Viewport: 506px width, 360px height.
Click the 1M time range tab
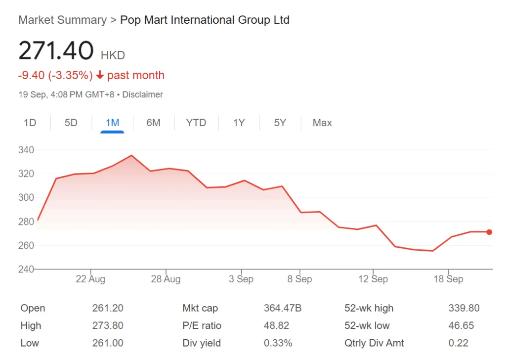coord(112,123)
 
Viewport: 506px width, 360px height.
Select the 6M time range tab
coord(153,123)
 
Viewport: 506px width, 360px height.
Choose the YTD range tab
coord(196,123)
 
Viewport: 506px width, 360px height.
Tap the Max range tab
coord(322,123)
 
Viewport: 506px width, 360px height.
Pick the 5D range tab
coord(71,123)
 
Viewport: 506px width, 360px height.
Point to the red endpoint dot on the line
coord(489,232)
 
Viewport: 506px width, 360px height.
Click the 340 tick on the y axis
coord(26,150)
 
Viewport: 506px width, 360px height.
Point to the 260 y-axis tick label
coord(26,246)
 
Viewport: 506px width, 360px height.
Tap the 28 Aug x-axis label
coord(166,279)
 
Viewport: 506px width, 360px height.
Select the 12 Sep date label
coord(373,279)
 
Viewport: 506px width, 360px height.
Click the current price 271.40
coord(56,51)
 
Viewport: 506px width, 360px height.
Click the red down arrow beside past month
coord(100,75)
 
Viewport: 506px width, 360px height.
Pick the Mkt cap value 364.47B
coord(283,308)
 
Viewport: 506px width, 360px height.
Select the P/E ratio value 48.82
coord(276,326)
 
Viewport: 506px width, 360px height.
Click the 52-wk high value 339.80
coord(464,308)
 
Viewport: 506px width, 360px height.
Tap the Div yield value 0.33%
coord(278,343)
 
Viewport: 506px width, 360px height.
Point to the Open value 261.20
coord(108,308)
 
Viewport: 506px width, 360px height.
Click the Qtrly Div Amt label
coord(374,343)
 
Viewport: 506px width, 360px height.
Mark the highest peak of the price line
coord(131,156)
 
